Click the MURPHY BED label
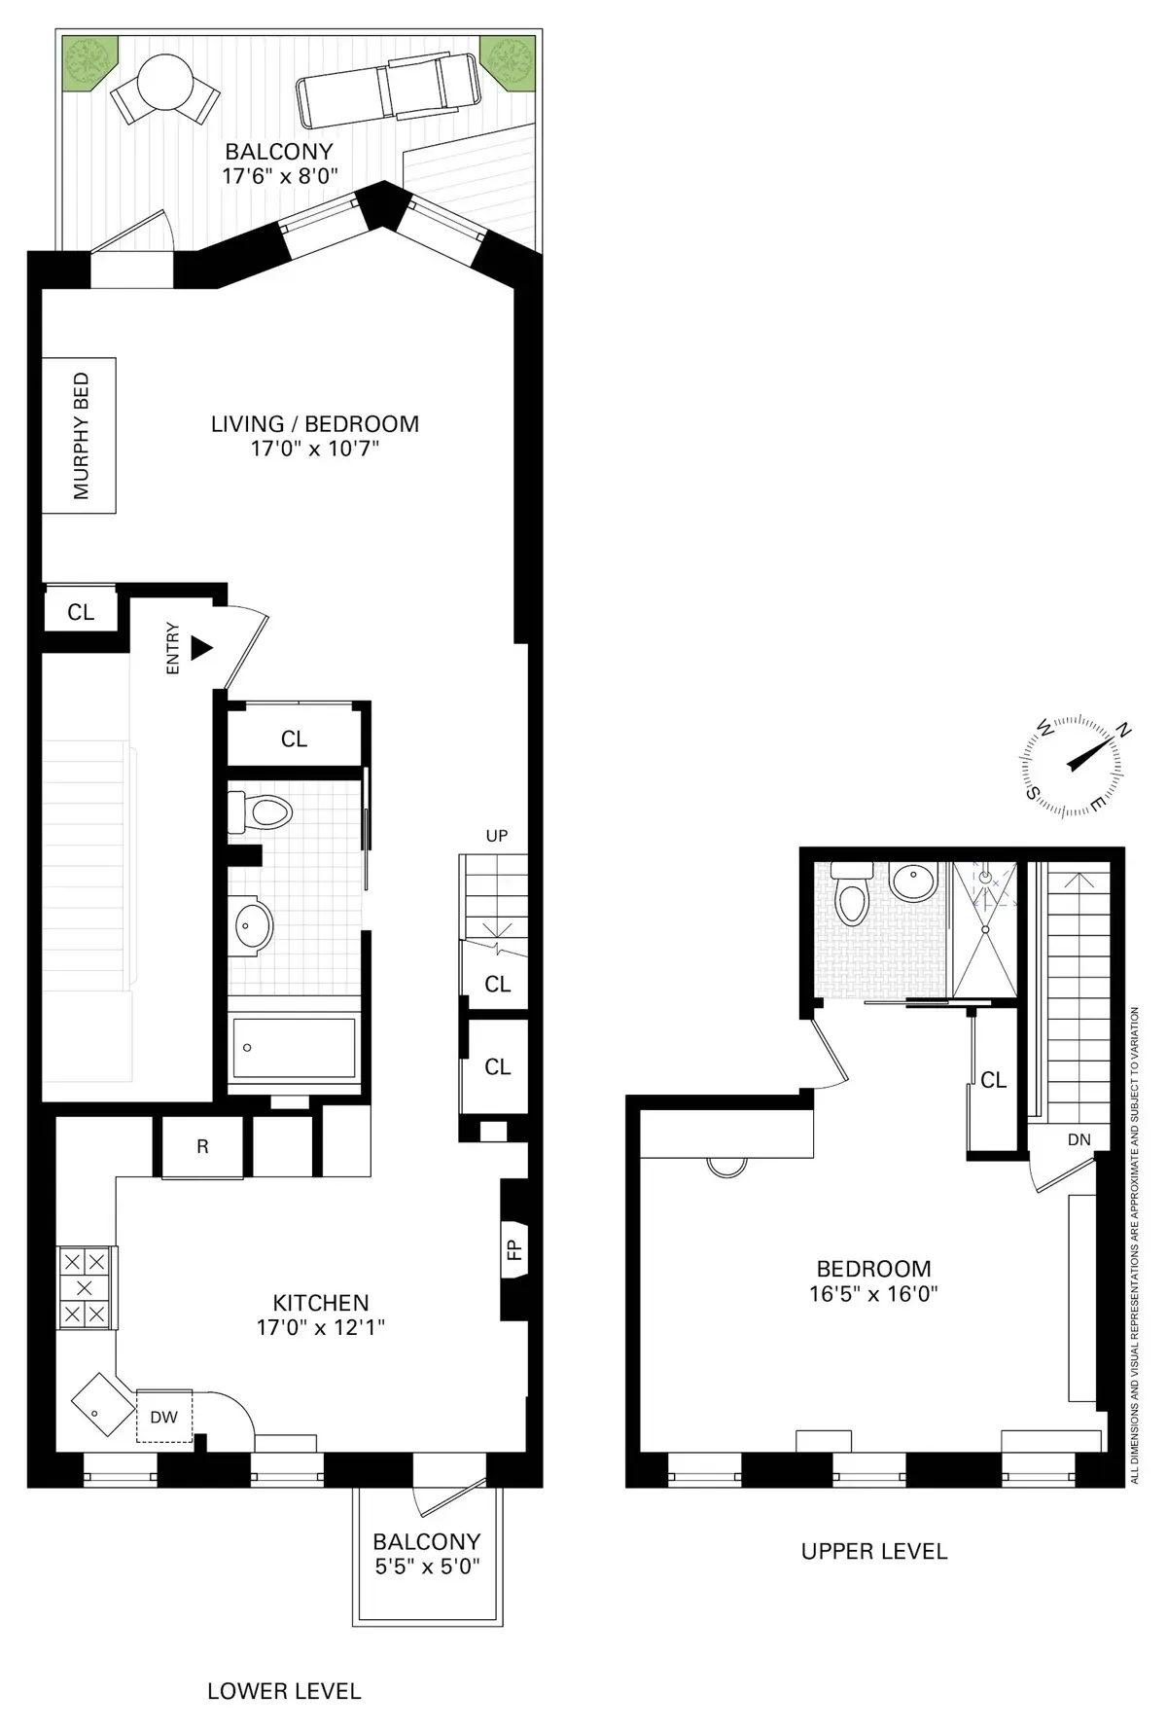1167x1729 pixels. [x=80, y=436]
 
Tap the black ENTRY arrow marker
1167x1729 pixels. [x=201, y=648]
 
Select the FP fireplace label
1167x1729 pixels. [x=514, y=1250]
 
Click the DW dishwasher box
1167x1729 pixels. [x=163, y=1417]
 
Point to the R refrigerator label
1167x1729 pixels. [x=202, y=1147]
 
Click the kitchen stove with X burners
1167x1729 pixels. [x=85, y=1288]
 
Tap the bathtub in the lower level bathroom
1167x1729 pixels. [x=294, y=1048]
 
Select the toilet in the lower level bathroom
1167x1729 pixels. [x=261, y=811]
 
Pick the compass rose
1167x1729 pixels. [x=1068, y=766]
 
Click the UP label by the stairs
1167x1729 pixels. [x=497, y=836]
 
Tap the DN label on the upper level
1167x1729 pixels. [x=1079, y=1139]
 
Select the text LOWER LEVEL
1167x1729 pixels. [x=284, y=1692]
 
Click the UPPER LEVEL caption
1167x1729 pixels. [x=873, y=1552]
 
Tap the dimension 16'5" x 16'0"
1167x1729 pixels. [x=873, y=1294]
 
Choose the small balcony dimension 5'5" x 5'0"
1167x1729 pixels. [x=427, y=1567]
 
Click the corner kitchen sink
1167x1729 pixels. [x=101, y=1404]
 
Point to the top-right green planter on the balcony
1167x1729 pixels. [x=507, y=59]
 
